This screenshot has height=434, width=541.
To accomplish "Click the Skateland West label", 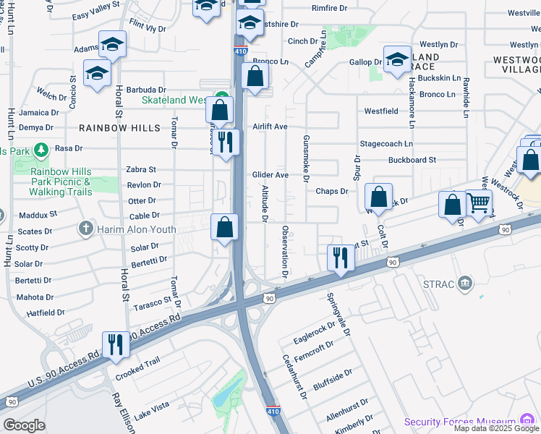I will [x=174, y=101].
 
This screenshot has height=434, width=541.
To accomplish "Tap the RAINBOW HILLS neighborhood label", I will [x=120, y=127].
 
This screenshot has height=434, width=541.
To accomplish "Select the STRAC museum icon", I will [x=466, y=281].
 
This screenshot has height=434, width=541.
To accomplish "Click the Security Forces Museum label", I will [x=459, y=422].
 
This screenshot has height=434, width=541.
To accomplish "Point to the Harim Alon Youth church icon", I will [x=86, y=229].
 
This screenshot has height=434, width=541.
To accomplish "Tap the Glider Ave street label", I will [x=270, y=175].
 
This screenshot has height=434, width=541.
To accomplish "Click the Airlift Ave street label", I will [x=270, y=127].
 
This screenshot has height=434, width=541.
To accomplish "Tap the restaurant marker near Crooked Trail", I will [x=116, y=344].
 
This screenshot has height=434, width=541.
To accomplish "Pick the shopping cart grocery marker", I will [x=478, y=203].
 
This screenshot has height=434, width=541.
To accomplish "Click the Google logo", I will [x=24, y=425].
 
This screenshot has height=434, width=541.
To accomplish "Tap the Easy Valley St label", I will [x=95, y=15].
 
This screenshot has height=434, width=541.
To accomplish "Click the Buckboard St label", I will [x=412, y=160].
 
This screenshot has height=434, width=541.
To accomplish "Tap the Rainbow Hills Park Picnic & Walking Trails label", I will [x=61, y=182].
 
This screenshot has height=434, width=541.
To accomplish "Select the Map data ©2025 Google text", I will [x=496, y=428].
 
